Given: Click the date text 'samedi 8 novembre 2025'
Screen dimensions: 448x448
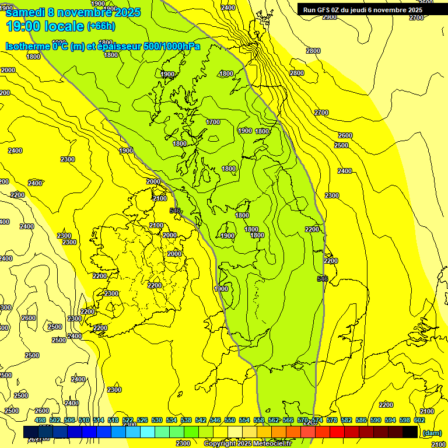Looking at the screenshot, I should (x=73, y=12).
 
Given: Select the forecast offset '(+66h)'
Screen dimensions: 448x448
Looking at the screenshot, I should (x=101, y=26).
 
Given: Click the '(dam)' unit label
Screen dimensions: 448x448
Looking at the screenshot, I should (x=432, y=432).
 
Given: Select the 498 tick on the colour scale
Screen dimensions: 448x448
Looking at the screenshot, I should (x=40, y=420).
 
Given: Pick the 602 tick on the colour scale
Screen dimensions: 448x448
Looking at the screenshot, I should (x=419, y=420).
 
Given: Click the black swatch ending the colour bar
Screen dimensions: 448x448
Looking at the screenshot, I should (x=410, y=432).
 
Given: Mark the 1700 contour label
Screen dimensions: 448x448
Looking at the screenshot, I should (x=213, y=122).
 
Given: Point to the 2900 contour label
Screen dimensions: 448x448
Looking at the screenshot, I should (x=330, y=17).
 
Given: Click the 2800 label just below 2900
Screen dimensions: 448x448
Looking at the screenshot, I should (x=313, y=51).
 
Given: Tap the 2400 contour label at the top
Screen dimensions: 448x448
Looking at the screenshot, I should (x=229, y=8).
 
